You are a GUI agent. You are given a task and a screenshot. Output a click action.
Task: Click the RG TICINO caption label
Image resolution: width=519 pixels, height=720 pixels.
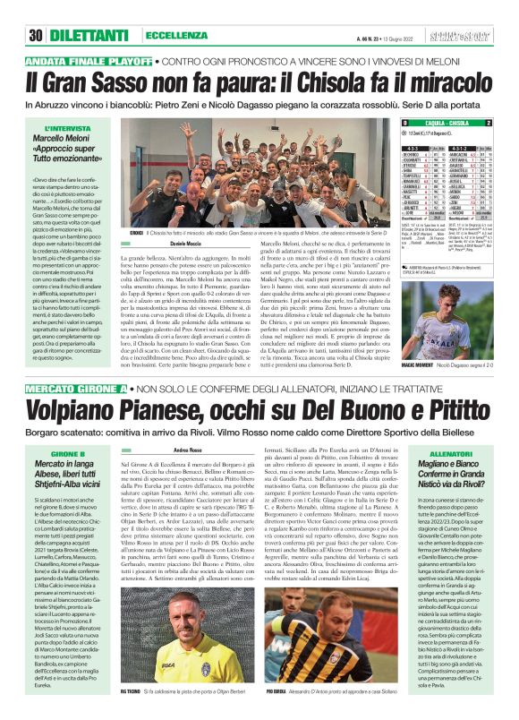click(x=142, y=693)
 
